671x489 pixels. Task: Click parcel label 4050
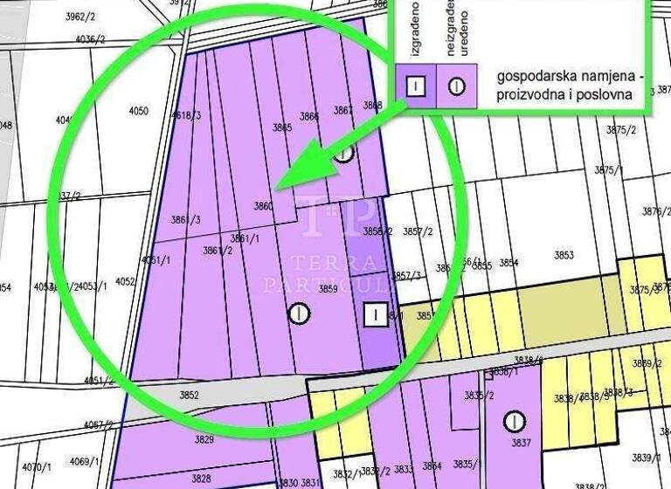[x=138, y=111]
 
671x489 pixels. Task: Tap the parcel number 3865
[x=282, y=127]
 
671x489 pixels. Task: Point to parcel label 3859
[x=328, y=289]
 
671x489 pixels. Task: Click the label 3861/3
[x=186, y=219]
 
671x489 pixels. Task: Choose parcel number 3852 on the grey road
[x=189, y=396]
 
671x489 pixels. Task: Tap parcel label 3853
[x=564, y=255]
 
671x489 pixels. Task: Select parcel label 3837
[x=521, y=443]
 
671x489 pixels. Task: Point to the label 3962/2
[x=81, y=16]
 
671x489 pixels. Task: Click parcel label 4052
[x=125, y=281]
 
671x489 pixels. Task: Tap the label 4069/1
[x=85, y=461]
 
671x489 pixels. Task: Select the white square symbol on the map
[x=375, y=313]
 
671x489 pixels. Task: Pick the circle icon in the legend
[x=456, y=86]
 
